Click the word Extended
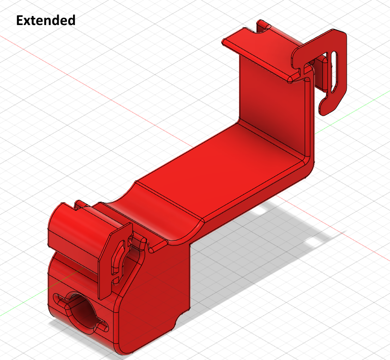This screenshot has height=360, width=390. coord(46,20)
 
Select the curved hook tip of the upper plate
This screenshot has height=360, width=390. coord(327,105)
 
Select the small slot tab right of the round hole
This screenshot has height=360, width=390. coord(102,327)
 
